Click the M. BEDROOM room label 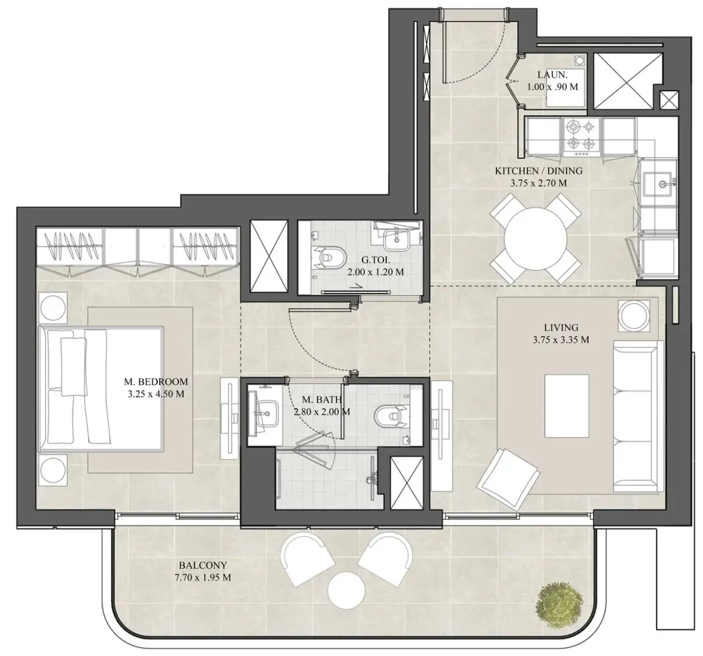point(156,382)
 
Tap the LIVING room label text point(561,327)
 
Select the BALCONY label point(203,565)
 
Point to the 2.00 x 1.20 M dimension point(375,272)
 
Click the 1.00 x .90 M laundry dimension point(553,87)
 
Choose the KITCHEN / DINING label point(539,171)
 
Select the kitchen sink point(658,183)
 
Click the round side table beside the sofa point(634,316)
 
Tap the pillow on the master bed point(73,367)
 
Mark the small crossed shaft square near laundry point(669,101)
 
